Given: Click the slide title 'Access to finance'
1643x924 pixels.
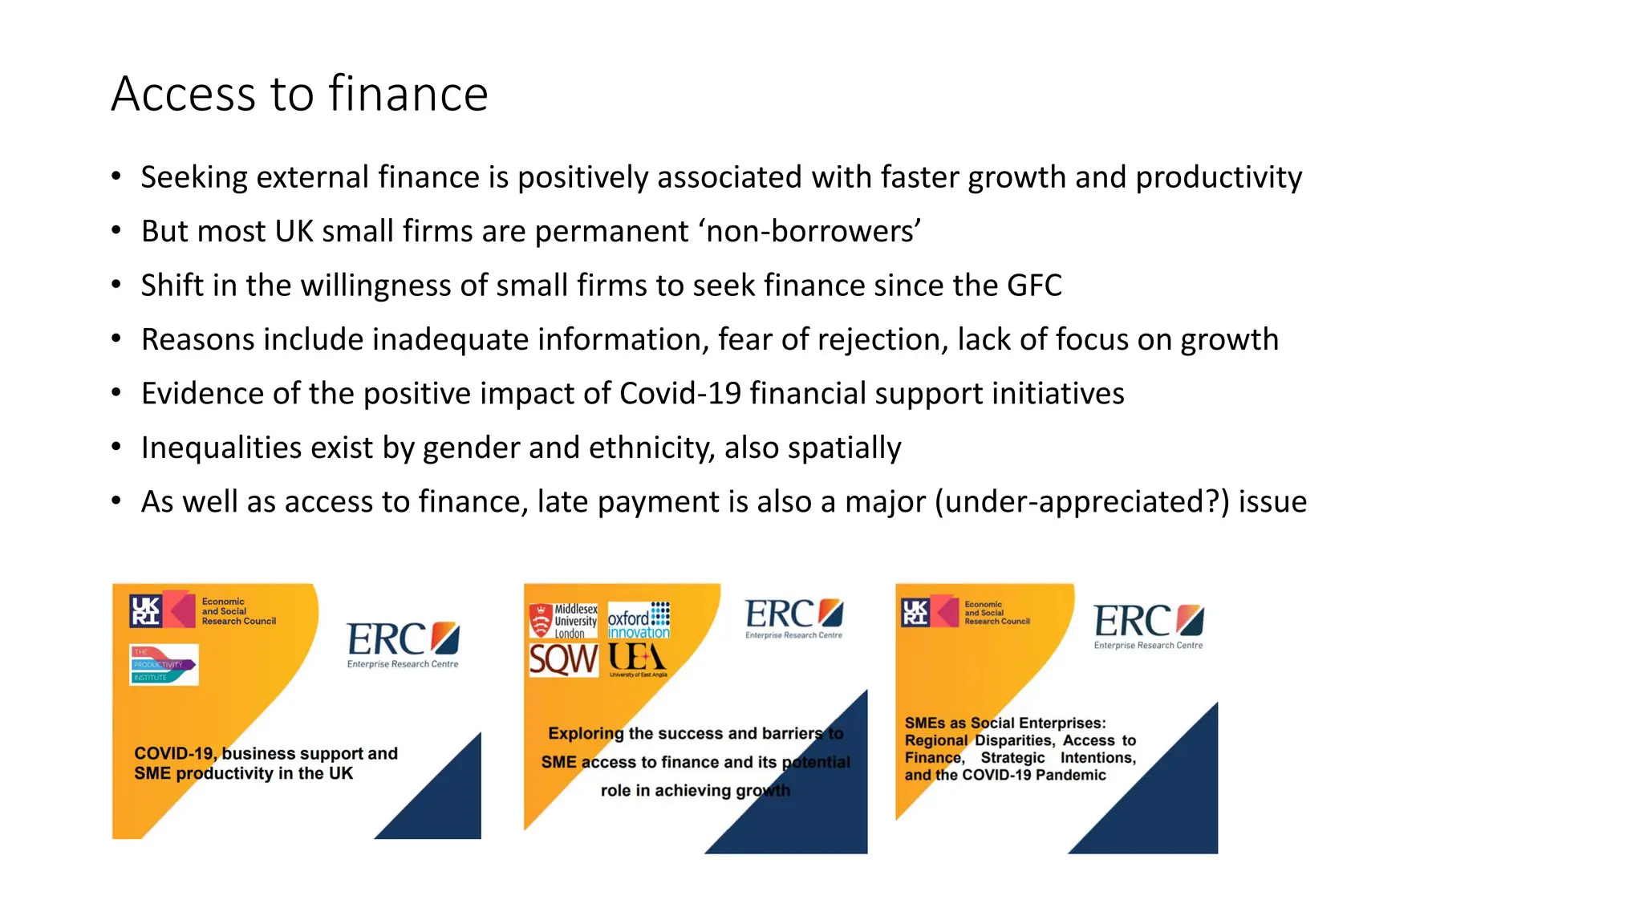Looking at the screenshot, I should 299,94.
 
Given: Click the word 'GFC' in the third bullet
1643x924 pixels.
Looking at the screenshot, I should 1035,286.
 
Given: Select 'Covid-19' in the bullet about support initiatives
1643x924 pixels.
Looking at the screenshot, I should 680,394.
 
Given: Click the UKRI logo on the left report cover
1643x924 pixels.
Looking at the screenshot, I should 147,611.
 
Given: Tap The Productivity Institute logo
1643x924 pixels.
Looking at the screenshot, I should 164,665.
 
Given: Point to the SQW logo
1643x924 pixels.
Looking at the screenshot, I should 563,661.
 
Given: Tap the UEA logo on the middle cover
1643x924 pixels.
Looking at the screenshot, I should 638,659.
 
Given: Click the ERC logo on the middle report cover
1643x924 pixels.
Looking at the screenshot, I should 793,618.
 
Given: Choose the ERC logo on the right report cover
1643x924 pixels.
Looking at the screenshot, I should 1148,625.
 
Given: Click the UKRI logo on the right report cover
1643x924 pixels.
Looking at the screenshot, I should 915,612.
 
